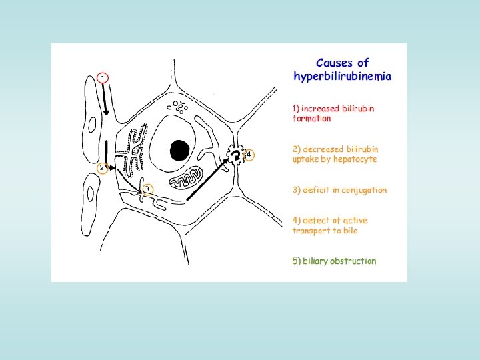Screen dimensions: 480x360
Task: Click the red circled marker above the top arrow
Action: click(101, 77)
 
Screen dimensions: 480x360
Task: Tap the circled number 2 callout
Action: click(101, 169)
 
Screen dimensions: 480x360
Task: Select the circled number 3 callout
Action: click(147, 189)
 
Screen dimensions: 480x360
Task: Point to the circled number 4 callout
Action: click(249, 155)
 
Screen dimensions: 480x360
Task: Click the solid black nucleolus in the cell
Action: click(179, 150)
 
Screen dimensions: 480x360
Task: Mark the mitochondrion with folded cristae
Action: click(185, 177)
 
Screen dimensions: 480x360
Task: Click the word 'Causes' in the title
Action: click(333, 63)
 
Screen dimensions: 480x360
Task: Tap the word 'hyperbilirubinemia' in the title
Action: click(343, 77)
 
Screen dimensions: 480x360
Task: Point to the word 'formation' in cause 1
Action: click(312, 119)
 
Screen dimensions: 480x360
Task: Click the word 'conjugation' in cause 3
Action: click(364, 190)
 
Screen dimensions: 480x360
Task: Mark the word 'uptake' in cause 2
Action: click(307, 159)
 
